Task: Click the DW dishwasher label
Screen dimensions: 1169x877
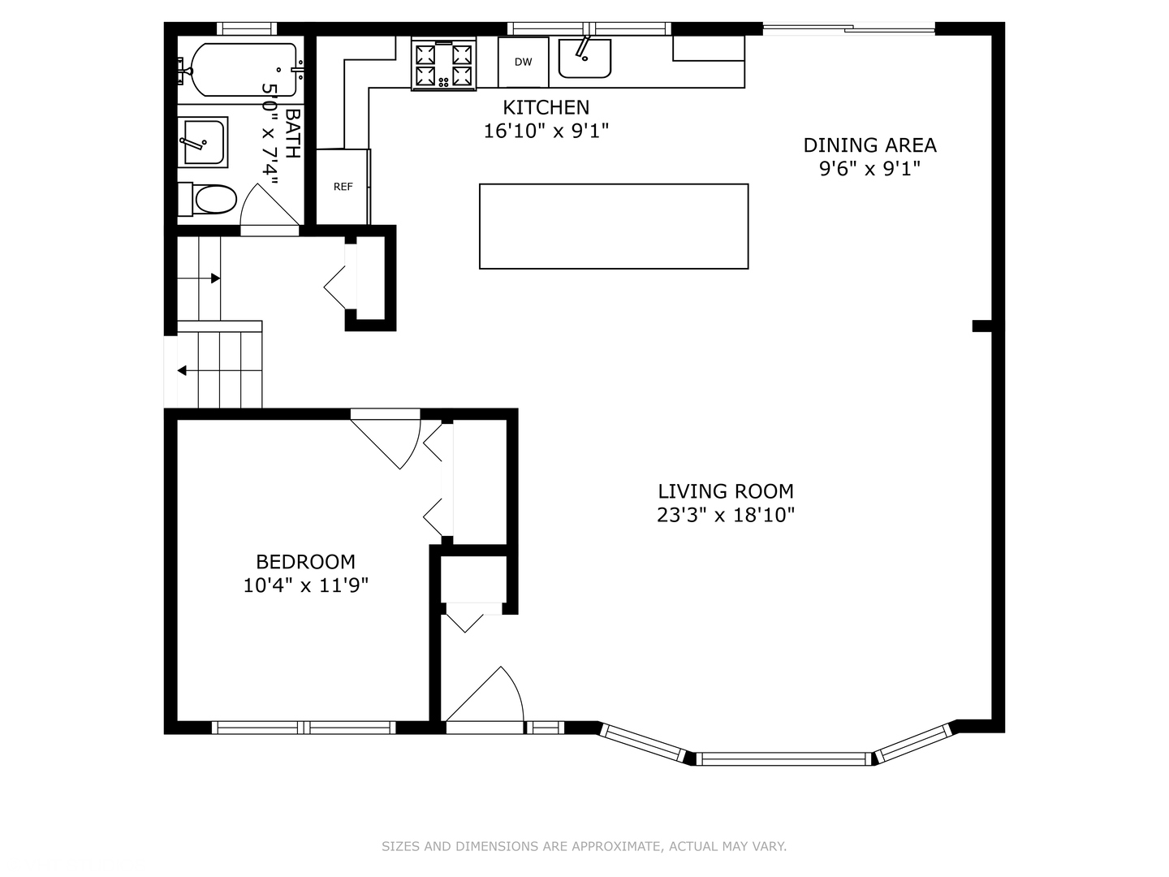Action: point(523,62)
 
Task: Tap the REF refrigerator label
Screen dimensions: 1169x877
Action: point(343,187)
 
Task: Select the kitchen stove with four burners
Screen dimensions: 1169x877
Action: point(443,64)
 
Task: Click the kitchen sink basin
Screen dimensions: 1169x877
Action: point(584,58)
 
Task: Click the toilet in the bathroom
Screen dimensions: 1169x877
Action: point(207,199)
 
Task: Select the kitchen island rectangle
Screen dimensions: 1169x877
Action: point(614,227)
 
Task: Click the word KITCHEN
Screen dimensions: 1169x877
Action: point(546,107)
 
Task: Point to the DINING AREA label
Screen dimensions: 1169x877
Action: point(869,145)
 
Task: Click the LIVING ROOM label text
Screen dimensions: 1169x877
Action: point(726,491)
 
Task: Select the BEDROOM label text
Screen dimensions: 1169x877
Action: point(306,562)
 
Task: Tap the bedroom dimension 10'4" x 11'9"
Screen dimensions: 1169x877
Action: point(306,585)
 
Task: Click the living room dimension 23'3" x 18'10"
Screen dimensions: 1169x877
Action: point(726,515)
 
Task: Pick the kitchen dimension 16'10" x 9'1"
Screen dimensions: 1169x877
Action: point(546,131)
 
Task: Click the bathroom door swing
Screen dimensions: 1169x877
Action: point(269,205)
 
